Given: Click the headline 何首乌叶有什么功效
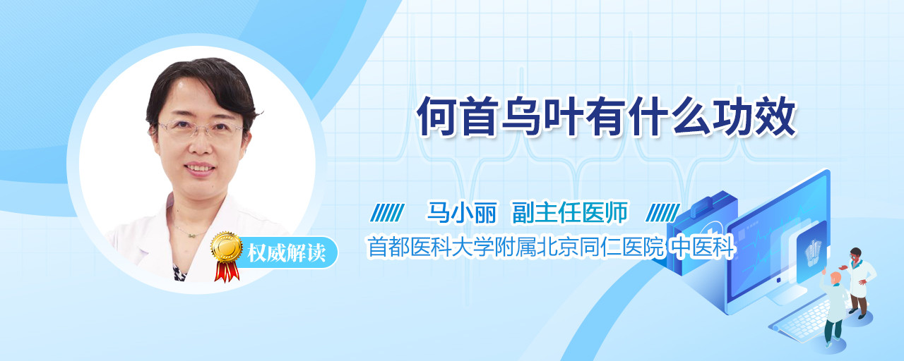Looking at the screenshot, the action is point(607,116).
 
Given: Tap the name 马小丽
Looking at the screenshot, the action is point(462,212).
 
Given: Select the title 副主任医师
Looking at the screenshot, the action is point(570,212).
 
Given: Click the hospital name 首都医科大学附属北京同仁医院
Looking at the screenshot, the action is point(516,247).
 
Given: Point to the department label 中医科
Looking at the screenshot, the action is point(702,247).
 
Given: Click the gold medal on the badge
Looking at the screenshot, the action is point(227,246).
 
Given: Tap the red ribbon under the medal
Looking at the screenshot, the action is point(227,271).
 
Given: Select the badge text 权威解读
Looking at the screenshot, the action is point(287,253).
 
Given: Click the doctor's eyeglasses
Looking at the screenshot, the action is point(200,129).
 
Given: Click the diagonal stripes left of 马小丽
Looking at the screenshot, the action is point(387,213).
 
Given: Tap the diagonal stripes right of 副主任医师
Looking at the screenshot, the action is point(662,213).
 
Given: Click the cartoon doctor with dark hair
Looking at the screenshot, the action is point(859,283).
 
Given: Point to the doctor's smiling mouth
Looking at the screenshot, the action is point(200,168).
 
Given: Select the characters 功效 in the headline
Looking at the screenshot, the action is point(755,116).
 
